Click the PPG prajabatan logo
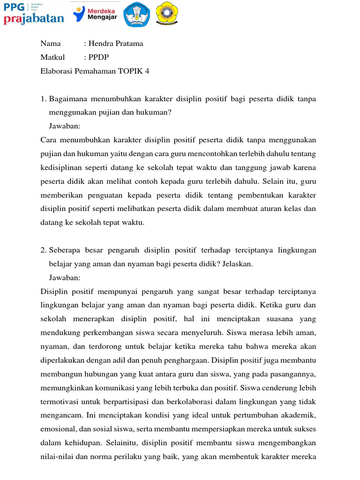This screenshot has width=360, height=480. [33, 13]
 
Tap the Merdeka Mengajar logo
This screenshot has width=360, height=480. [95, 14]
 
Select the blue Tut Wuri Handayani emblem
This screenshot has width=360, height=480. [137, 14]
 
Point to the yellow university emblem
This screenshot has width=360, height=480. [166, 14]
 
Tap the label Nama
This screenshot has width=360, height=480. [51, 44]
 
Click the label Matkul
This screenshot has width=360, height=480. [52, 58]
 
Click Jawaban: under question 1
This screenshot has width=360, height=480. [65, 127]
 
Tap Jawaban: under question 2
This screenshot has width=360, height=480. [65, 277]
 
